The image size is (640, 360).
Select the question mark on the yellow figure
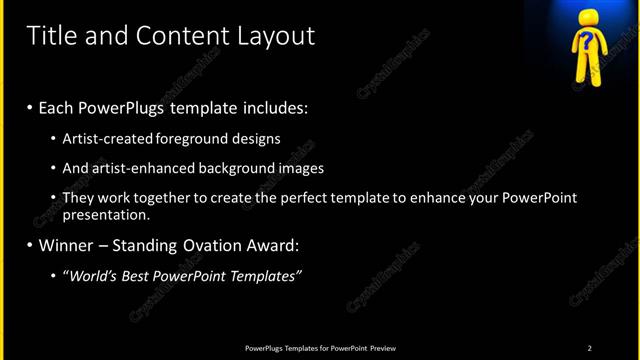587,42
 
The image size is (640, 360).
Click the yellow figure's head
587,42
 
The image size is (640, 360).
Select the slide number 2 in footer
590,348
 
